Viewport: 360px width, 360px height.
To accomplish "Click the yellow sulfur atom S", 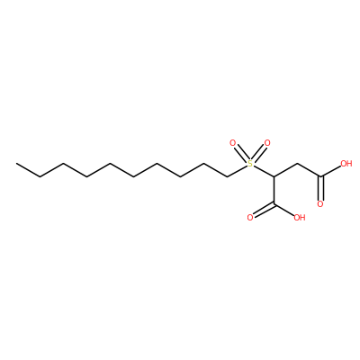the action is (250, 164).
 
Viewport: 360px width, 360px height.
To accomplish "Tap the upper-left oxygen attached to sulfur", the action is (232, 143).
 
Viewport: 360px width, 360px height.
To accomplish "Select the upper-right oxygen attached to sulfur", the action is (267, 143).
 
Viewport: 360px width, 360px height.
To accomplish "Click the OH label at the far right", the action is (346, 164).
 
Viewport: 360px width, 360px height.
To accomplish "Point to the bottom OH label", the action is (300, 218).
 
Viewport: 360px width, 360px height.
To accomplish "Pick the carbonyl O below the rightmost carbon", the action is (320, 204).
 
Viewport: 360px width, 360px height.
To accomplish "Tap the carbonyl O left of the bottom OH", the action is (250, 218).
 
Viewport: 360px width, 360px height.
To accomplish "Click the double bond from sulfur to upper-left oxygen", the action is (241, 154).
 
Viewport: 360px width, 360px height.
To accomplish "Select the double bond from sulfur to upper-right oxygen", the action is (258, 154).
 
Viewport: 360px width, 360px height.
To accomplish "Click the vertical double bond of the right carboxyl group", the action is (321, 189).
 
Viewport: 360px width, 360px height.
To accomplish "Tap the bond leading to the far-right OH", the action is (330, 172).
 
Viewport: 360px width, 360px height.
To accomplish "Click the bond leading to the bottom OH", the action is (283, 209).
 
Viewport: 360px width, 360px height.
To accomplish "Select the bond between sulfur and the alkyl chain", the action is (238, 170).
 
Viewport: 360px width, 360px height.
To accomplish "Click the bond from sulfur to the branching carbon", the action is (263, 170).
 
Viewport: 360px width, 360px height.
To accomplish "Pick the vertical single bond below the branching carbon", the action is (274, 191).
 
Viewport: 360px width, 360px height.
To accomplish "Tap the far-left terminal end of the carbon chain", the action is (16, 164).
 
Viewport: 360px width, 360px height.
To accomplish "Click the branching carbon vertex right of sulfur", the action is (274, 177).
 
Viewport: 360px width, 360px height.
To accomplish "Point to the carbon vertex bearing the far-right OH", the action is (321, 177).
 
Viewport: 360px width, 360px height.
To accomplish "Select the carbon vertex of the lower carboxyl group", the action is (274, 204).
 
